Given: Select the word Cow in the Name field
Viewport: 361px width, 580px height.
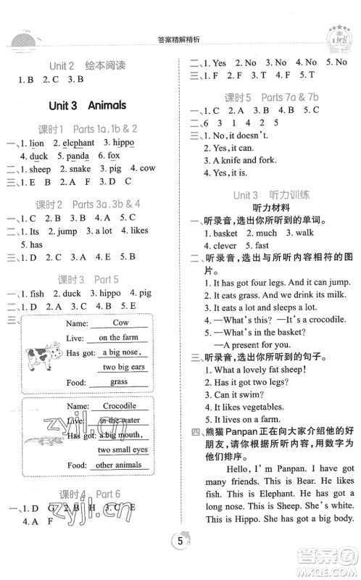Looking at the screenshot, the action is click(120, 323).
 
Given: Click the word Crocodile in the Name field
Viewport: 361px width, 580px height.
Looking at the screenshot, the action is click(120, 406).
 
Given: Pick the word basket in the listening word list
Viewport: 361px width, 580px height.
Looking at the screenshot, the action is click(225, 233).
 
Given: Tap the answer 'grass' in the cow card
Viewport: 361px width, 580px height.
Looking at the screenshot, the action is click(120, 382).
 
